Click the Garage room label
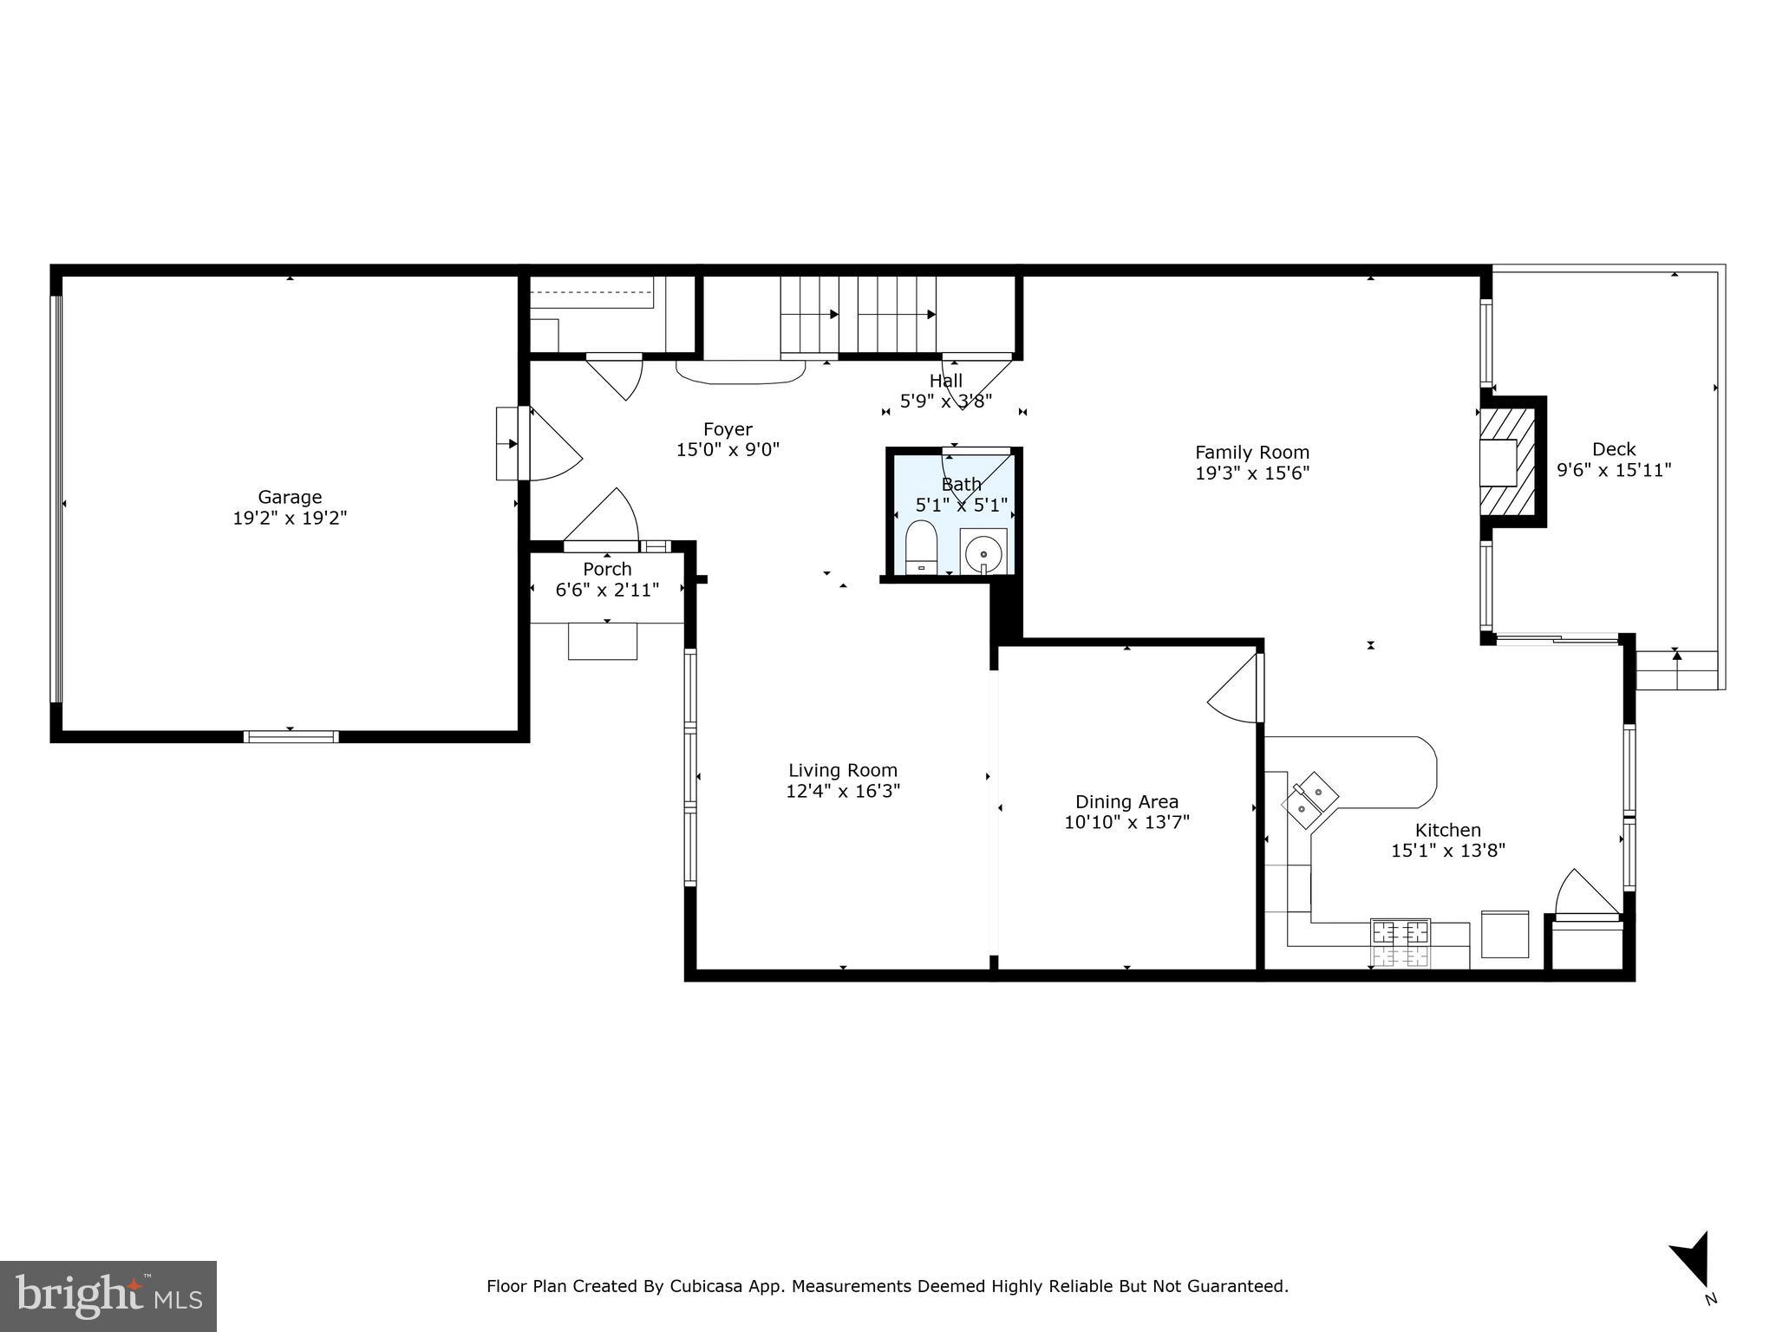290,497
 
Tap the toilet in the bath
921,547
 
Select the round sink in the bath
983,552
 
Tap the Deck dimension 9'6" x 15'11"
1614,471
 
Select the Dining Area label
1126,801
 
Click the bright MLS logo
108,1296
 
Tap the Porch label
607,569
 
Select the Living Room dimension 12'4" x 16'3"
843,791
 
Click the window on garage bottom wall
291,736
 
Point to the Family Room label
1251,452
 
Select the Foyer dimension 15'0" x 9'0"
728,450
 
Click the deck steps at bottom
1676,670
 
